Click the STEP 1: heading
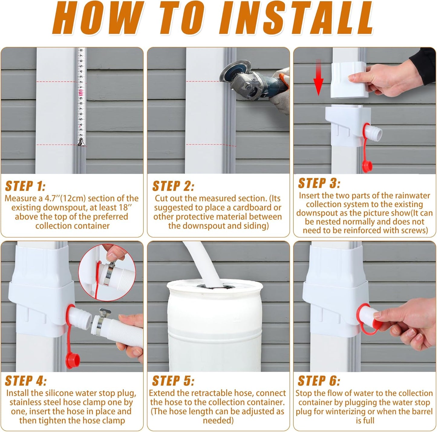[x=25, y=186]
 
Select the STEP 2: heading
[x=173, y=186]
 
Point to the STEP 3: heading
[x=319, y=183]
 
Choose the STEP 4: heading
[x=26, y=381]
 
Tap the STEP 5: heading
[x=173, y=381]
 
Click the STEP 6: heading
[x=319, y=381]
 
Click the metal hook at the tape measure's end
[x=80, y=142]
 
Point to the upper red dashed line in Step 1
[x=57, y=82]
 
